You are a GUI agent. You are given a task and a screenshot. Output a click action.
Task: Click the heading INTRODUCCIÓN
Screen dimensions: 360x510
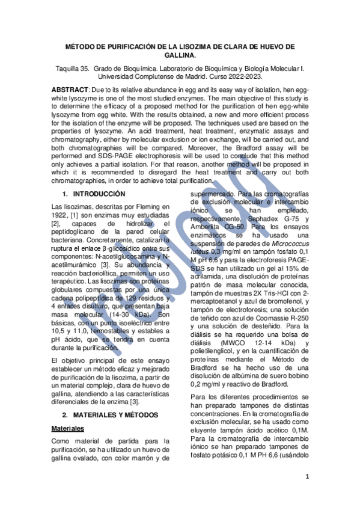[99, 194]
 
